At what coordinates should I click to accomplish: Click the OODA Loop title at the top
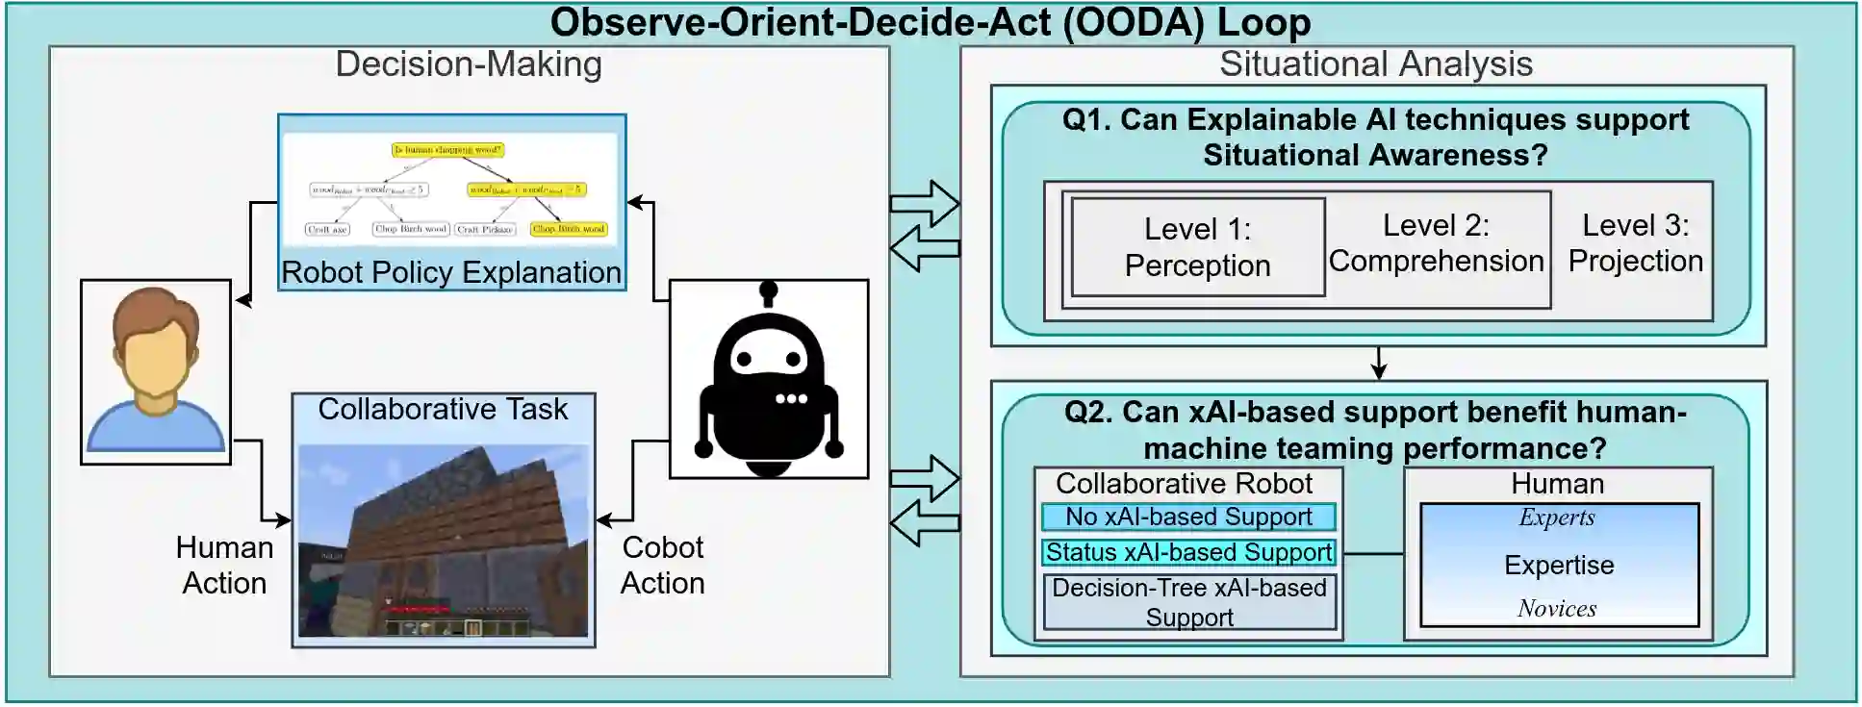930,22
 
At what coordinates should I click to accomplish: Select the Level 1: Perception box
1197,247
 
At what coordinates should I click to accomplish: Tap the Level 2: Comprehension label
1436,243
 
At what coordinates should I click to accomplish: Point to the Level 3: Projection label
1635,243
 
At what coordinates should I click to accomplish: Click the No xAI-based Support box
1188,518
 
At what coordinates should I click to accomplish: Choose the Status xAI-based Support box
1188,553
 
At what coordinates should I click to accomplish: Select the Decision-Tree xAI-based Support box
1189,602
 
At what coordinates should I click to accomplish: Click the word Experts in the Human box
1557,518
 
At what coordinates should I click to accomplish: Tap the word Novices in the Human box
1557,608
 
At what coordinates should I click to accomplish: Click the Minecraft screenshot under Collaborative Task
444,540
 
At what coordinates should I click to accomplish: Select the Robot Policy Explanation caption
451,273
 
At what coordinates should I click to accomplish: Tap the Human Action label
224,566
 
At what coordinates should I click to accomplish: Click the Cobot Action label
662,566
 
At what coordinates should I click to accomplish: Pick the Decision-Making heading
469,64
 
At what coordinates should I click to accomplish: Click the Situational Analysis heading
1375,64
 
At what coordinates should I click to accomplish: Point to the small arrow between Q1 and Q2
1378,363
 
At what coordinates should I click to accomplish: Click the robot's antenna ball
768,289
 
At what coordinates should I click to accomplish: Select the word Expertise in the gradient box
1559,566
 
